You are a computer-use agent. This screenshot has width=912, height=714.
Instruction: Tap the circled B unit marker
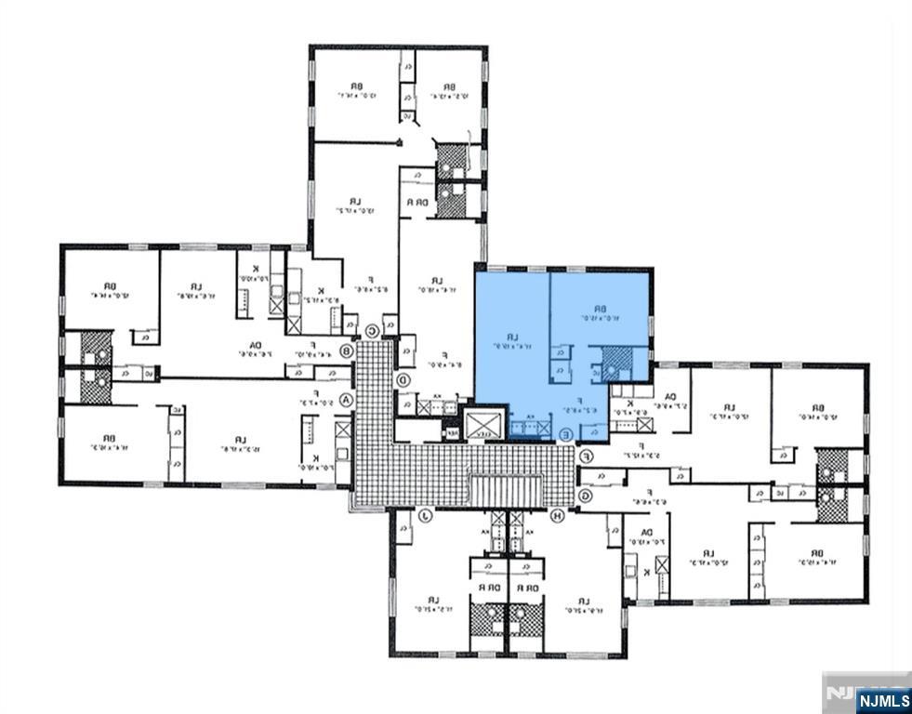pyautogui.click(x=348, y=351)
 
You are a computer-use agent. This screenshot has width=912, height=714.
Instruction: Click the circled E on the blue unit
pyautogui.click(x=566, y=433)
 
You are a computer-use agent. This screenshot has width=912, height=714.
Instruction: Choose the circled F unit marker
pyautogui.click(x=587, y=456)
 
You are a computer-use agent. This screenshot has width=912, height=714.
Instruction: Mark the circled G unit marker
pyautogui.click(x=586, y=495)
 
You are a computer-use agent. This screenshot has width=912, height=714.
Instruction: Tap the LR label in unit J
pyautogui.click(x=430, y=599)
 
